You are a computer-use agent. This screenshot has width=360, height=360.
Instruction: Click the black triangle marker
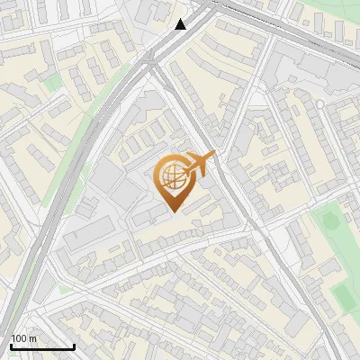point(181,24)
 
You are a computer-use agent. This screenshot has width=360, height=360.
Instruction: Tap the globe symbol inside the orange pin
point(171,177)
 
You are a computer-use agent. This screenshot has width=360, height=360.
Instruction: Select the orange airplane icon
point(200,163)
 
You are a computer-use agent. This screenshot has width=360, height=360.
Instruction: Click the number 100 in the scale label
point(19,338)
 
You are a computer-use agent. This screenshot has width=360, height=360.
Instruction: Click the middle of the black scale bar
point(42,346)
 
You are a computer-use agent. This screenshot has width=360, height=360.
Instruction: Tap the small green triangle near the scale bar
point(63,290)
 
